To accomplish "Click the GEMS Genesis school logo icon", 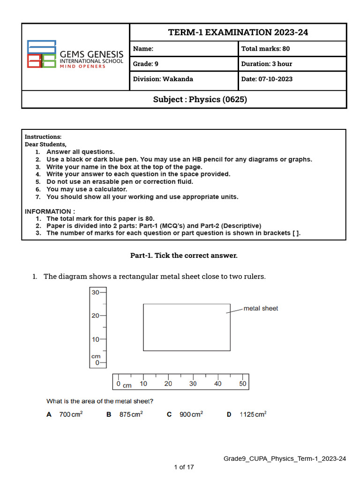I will coord(42,54).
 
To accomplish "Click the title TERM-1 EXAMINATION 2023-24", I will coord(238,32).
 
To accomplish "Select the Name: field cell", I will coord(184,49).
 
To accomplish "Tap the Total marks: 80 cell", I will coord(292,49).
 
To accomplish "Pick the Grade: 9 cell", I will coord(184,64).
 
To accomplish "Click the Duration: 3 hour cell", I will coord(292,64).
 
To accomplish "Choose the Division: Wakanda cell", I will coord(184,79).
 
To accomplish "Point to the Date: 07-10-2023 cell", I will coord(292,79).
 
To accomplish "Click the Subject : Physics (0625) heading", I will coord(200,99).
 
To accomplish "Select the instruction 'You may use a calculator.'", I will coord(87,189).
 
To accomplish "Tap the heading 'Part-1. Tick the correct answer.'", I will coord(184,255).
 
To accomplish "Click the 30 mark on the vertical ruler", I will coord(96,292).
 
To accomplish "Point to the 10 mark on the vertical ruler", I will coord(96,339).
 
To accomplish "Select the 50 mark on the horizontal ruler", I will coord(242,383).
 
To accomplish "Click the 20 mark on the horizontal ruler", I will coord(168,383).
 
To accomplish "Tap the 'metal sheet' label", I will coord(261,308).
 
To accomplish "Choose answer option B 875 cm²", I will coord(125,414).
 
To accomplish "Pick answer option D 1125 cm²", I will coord(247,414).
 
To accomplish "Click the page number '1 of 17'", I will coord(184,467).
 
